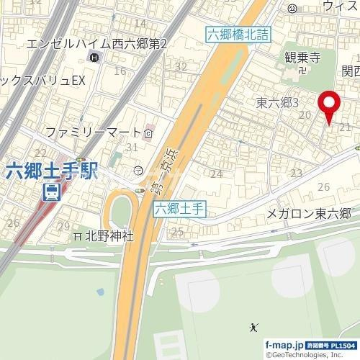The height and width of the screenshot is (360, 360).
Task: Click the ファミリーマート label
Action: tap(93, 132)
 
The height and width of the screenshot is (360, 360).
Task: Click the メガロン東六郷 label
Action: tap(308, 213)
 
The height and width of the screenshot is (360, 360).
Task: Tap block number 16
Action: tap(120, 71)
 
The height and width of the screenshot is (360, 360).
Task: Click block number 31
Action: tap(131, 148)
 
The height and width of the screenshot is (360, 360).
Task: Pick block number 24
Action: tap(215, 173)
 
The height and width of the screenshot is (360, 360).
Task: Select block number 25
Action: tap(177, 231)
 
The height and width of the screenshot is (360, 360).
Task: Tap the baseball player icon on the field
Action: tap(253, 328)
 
